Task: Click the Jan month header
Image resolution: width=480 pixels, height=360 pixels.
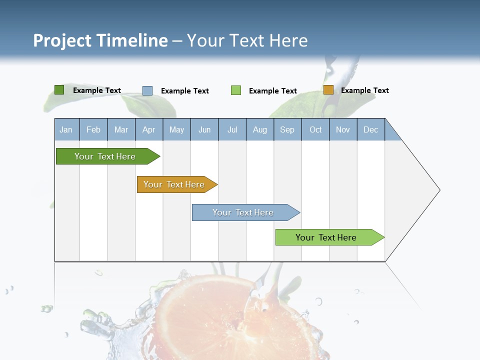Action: pos(66,129)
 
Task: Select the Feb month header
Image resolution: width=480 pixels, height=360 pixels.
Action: pos(93,129)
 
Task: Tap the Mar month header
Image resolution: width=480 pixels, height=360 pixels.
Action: pos(121,129)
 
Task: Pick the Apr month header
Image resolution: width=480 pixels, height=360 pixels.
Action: pos(149,129)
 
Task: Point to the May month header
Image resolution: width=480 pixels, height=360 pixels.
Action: pos(176,129)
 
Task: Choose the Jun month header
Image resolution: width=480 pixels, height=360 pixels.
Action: pos(204,129)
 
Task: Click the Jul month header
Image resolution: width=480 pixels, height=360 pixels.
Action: pos(232,129)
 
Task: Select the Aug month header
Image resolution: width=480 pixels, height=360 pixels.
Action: pos(260,129)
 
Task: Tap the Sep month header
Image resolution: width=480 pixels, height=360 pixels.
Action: pos(287,129)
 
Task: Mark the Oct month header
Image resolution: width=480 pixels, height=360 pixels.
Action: pos(315,129)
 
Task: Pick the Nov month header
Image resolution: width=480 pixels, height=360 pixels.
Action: pos(343,129)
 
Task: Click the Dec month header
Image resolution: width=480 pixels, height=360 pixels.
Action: pos(371,129)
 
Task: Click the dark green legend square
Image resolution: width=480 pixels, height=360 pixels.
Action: pos(59,90)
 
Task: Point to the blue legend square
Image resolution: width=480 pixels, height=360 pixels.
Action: pos(147,90)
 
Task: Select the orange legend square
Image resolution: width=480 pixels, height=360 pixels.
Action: pos(328,90)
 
